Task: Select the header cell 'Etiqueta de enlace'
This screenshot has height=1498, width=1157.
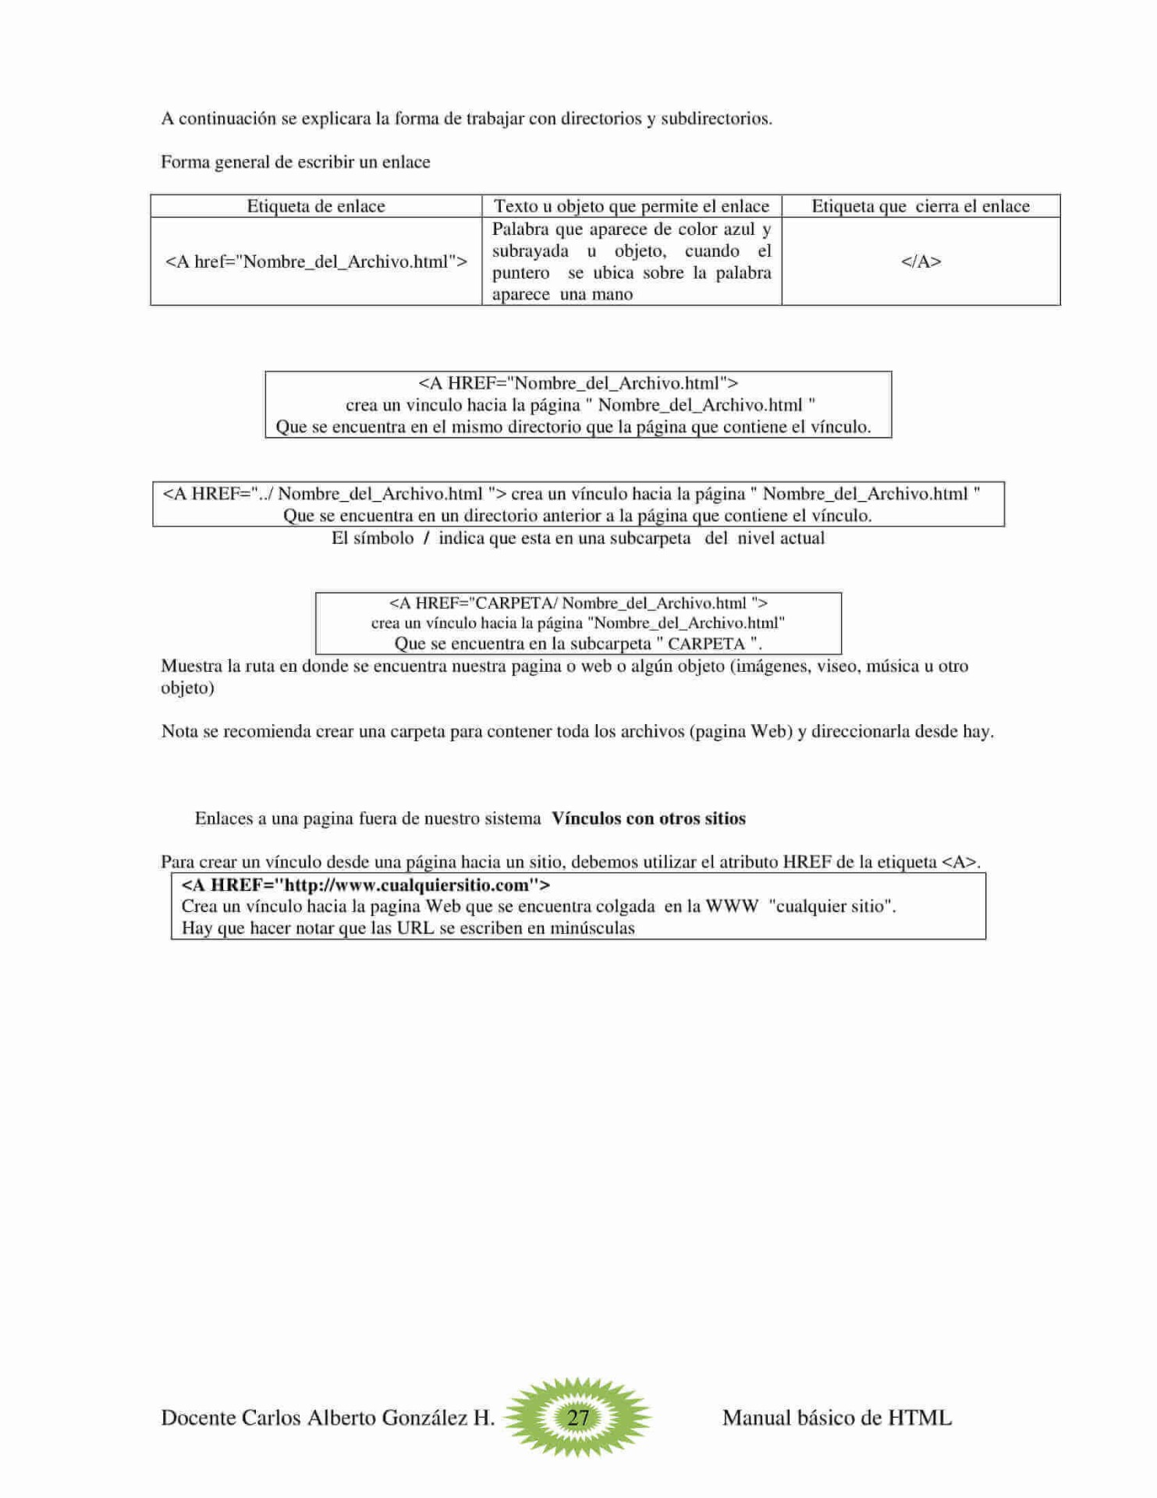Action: coord(316,206)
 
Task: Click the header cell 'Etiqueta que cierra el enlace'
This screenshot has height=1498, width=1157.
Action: coord(921,206)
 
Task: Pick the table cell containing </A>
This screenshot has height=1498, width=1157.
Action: coord(921,261)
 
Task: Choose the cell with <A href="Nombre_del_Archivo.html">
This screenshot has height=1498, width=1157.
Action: coord(316,261)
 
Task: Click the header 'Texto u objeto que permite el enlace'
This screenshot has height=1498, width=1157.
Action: coord(631,206)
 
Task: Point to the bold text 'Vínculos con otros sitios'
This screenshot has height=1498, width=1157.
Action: coord(648,818)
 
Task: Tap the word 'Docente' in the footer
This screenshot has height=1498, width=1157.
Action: coord(198,1418)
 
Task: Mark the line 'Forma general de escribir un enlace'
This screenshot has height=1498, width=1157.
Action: coord(296,162)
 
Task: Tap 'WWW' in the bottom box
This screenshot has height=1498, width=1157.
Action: coord(732,907)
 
